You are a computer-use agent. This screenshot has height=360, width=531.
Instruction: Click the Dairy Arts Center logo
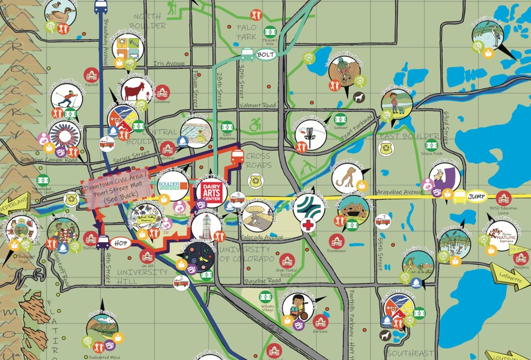(210, 193)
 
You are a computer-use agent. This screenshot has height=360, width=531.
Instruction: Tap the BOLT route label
(264, 55)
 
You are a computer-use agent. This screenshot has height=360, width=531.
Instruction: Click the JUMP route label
(477, 196)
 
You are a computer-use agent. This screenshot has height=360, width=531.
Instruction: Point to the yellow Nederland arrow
(14, 202)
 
